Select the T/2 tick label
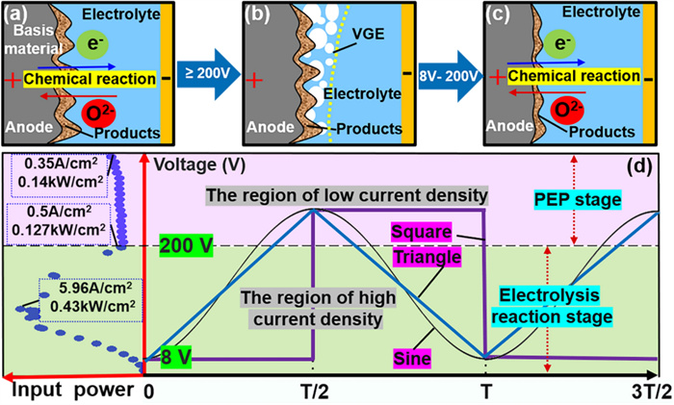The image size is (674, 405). click(x=312, y=392)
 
